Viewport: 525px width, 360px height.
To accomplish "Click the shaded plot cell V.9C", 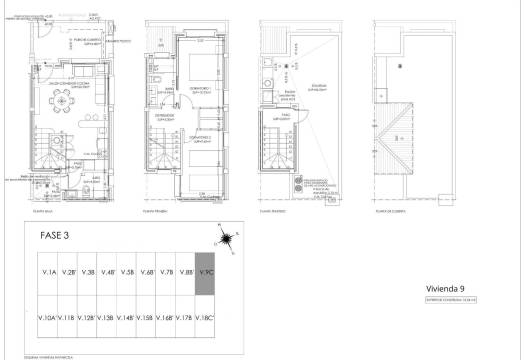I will coord(206,271).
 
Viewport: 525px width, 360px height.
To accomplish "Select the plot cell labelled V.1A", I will coord(47,271).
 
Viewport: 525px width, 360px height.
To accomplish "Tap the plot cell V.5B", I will coord(127,271).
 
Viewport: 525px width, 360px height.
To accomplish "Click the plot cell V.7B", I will coord(166,271).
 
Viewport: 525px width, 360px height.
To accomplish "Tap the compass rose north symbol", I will coord(226,239).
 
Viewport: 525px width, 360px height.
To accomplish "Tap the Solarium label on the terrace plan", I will coord(320,86).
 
